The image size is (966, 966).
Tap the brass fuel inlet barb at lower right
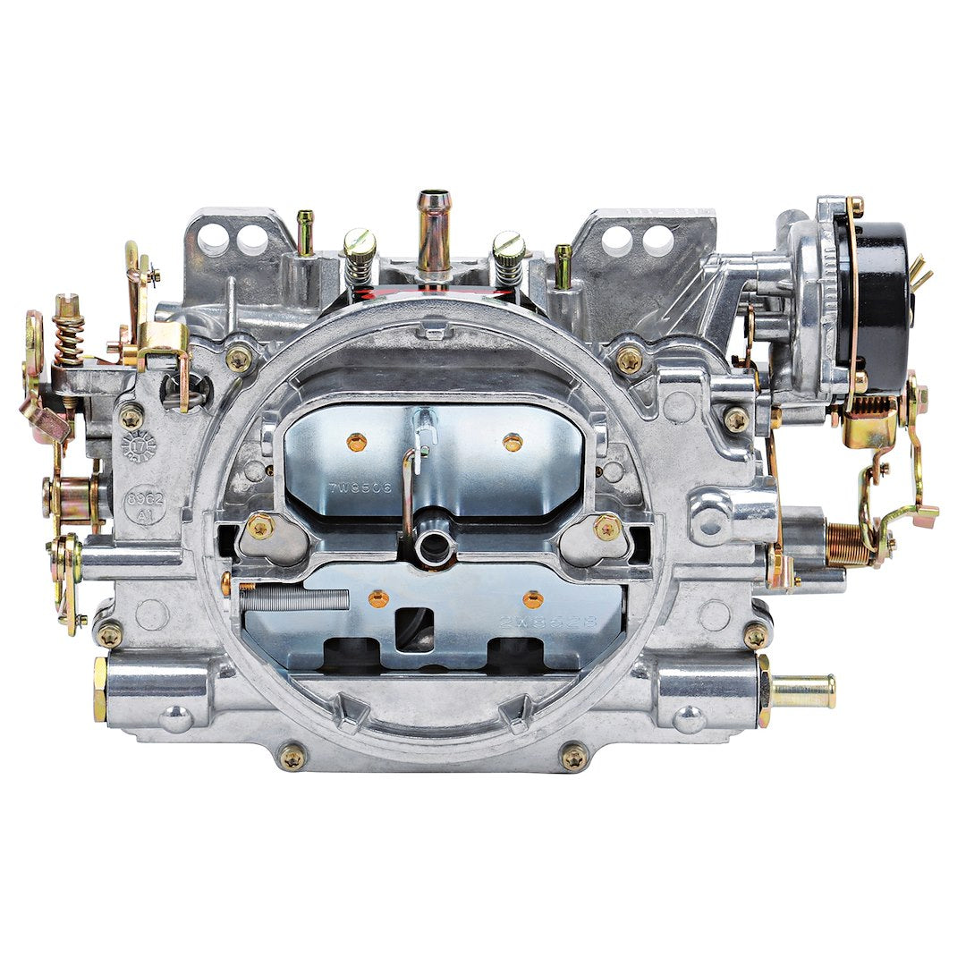click(x=802, y=691)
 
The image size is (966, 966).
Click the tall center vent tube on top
click(x=434, y=231)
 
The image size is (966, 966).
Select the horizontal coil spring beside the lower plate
click(x=294, y=599)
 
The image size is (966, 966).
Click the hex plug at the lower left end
click(x=100, y=689)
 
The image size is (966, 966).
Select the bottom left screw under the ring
click(x=292, y=757)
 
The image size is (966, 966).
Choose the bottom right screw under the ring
click(x=573, y=757)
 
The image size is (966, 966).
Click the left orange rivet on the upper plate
click(x=356, y=441)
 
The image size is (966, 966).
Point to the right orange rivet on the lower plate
click(x=533, y=600)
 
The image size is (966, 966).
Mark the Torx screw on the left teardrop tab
click(x=260, y=527)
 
